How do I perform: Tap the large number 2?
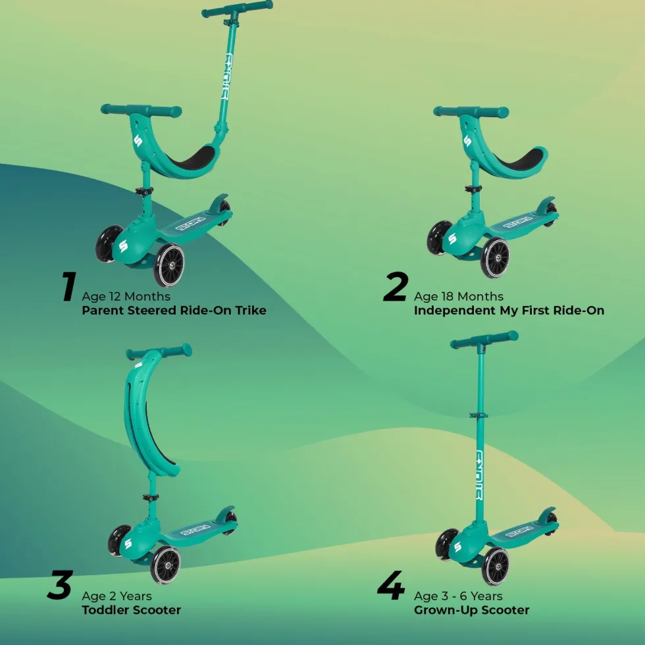tap(396, 286)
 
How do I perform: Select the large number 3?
tap(60, 585)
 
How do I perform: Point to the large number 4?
tap(391, 585)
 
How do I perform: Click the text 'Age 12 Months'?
tap(126, 297)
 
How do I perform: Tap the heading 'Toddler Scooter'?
tap(131, 610)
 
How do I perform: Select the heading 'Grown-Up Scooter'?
tap(471, 610)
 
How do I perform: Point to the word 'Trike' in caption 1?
tap(251, 310)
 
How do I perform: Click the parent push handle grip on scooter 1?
tap(238, 9)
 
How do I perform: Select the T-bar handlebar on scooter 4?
tap(484, 340)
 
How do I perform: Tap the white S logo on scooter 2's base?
tap(452, 239)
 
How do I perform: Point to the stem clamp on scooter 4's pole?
tap(478, 415)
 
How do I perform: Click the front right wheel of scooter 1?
tap(169, 265)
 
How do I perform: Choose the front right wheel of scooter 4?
tap(495, 566)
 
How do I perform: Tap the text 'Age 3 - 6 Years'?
tap(458, 596)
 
